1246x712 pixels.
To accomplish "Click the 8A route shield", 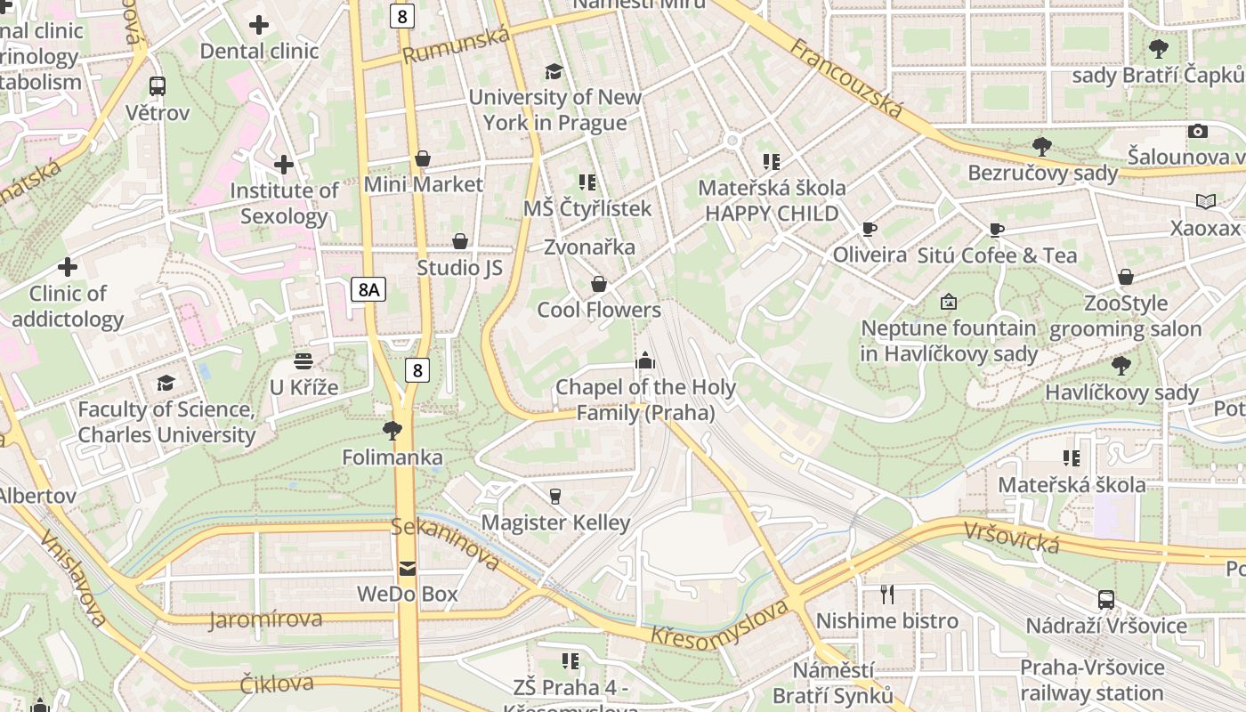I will pos(368,288).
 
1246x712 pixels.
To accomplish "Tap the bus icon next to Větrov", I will pos(158,86).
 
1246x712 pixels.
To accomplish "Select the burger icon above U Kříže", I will pos(303,361).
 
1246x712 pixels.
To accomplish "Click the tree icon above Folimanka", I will pos(392,431).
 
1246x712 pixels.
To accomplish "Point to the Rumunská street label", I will pos(456,45).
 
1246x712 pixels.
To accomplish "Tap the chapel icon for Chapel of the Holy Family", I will pos(645,360).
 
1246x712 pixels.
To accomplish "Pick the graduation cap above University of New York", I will pos(554,71).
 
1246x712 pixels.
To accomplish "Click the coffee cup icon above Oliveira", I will pos(869,230).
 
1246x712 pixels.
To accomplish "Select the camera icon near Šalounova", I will pos(1198,131).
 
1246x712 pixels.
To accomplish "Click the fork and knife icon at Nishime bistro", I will pos(886,594).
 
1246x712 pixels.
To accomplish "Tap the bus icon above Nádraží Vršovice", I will pos(1105,599).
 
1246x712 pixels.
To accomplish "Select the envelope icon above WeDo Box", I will pos(407,568).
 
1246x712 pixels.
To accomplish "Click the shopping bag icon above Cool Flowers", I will pos(599,284).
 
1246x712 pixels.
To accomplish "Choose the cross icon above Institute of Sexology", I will pos(284,165).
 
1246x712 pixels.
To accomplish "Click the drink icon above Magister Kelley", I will pos(555,496).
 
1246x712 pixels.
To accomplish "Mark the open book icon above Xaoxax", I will pos(1205,202).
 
